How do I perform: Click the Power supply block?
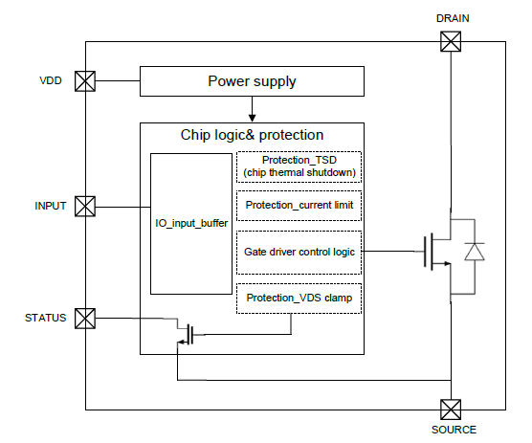point(252,80)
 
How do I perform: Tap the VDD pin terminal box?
point(85,80)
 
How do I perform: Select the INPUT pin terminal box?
point(85,206)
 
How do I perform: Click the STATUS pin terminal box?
point(85,318)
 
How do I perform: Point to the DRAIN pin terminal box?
point(451,41)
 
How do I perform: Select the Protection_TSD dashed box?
point(299,166)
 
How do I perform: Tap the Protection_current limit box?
point(299,206)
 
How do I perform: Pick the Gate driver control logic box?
point(299,251)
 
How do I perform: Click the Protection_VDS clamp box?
point(299,298)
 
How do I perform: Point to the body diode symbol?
point(474,252)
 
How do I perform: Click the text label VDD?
point(51,80)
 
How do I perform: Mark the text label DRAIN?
point(451,17)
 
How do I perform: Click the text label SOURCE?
point(453,430)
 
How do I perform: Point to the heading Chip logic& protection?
point(252,135)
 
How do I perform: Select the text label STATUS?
point(45,318)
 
